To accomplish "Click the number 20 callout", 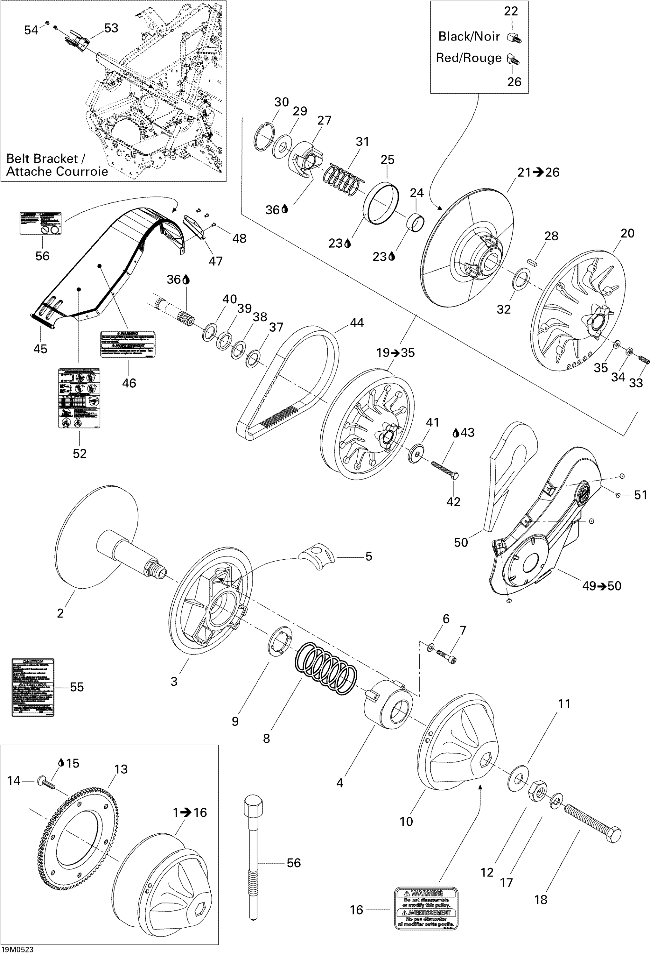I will tap(627, 233).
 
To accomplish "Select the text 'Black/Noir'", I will tap(469, 37).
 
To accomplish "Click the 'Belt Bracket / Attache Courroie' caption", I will tap(57, 165).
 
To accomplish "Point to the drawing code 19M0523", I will tap(17, 949).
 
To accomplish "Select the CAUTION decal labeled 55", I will tap(33, 687).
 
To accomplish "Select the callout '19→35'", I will tap(395, 353).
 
